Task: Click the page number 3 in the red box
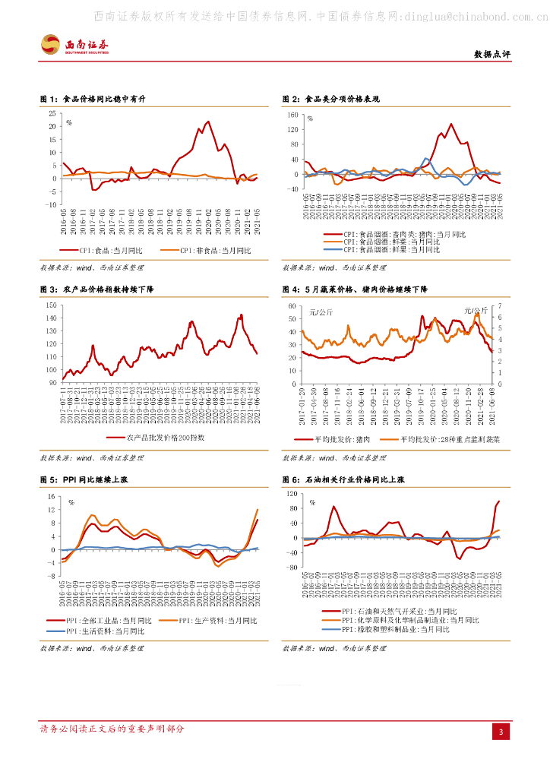[x=501, y=731]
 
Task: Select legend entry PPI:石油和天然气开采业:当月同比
[x=400, y=610]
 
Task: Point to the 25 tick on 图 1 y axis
[x=52, y=113]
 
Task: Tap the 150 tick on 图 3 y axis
[x=51, y=305]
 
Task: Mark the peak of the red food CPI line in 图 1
[x=208, y=122]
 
